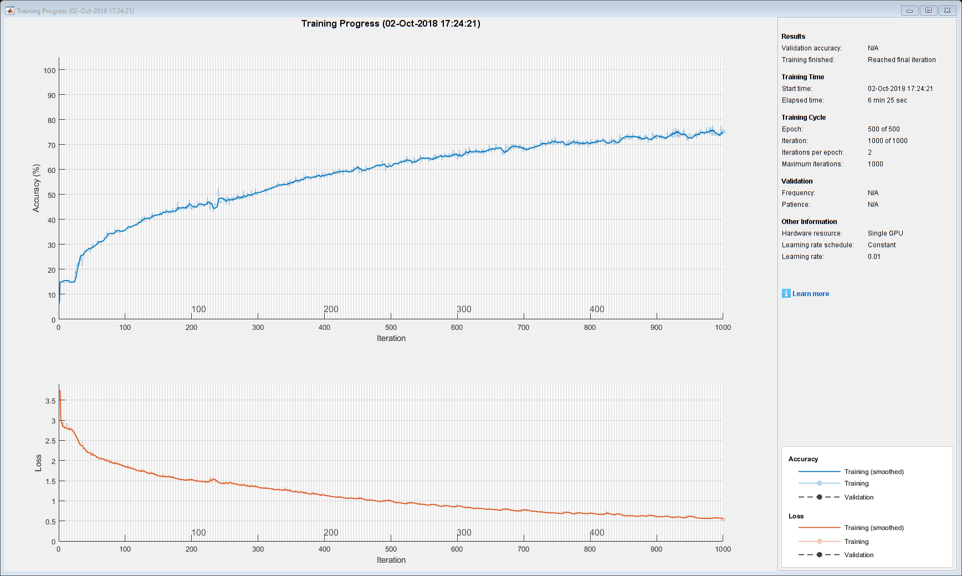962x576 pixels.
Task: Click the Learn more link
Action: tap(810, 294)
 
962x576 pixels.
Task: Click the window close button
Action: tap(948, 11)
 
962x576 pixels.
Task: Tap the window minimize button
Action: tap(909, 11)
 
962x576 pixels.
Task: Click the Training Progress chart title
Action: tap(391, 24)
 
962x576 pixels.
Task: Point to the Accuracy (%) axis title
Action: tap(37, 188)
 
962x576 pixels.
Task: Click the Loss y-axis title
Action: tap(38, 463)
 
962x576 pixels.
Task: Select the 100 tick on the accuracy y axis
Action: tap(50, 70)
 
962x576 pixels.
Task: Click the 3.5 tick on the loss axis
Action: tap(50, 401)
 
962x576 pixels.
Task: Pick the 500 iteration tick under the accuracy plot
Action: tap(391, 328)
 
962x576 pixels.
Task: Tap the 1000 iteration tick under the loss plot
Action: tap(723, 549)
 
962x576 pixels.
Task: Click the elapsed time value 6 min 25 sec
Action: tap(887, 100)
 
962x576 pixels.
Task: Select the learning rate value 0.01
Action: tap(874, 257)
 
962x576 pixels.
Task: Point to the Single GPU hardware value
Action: tap(885, 233)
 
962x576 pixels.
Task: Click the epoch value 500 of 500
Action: tap(883, 129)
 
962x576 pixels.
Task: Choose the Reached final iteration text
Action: tap(902, 60)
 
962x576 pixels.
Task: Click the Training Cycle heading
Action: tap(804, 118)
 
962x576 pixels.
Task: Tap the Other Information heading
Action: tap(809, 222)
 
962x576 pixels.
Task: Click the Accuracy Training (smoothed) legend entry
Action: tap(873, 472)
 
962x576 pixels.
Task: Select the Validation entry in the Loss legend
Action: tap(858, 555)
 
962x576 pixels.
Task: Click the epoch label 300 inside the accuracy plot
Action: tap(464, 309)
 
